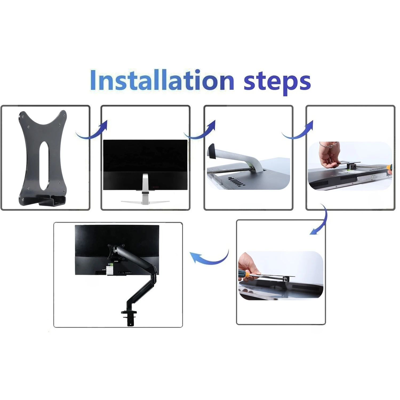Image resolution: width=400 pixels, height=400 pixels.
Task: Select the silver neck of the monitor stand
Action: tap(145, 187)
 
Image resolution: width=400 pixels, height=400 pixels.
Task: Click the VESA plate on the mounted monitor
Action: tap(116, 251)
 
